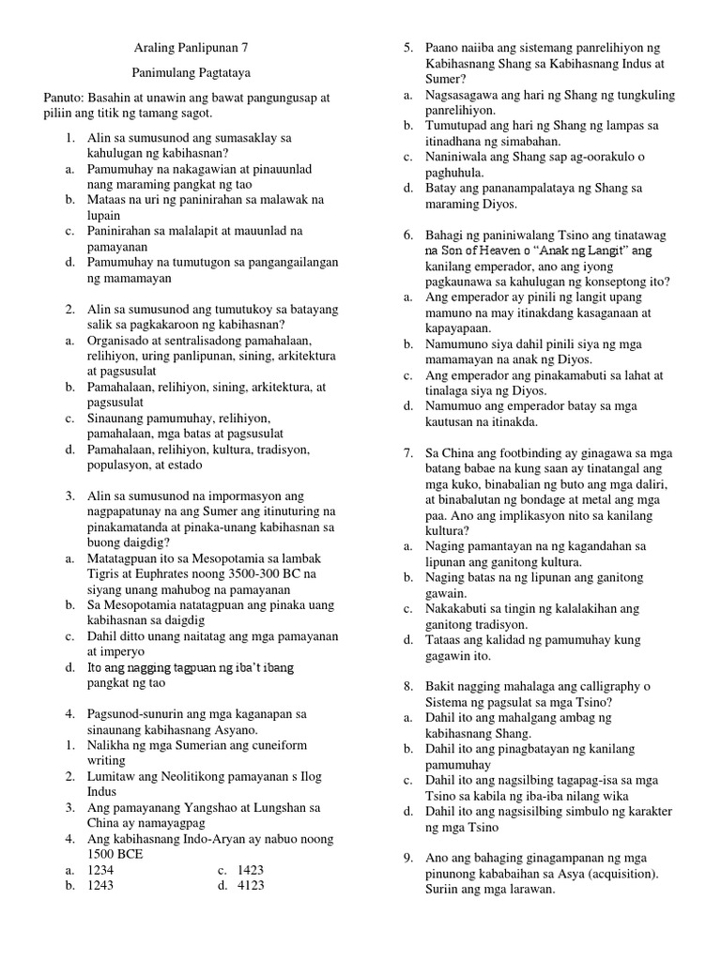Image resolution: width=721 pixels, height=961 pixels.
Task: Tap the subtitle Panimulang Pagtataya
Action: pos(188,72)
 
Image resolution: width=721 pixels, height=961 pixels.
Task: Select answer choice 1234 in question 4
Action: pos(100,870)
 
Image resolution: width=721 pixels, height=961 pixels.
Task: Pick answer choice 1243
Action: pos(100,885)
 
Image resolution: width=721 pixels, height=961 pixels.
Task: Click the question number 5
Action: pos(409,47)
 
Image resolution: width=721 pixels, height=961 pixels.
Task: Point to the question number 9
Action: pos(409,858)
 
